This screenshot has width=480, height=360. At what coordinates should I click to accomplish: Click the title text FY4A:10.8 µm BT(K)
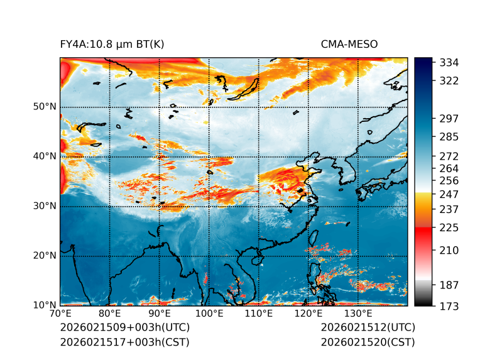click(x=112, y=44)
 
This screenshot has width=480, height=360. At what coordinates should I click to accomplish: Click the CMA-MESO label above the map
click(x=349, y=44)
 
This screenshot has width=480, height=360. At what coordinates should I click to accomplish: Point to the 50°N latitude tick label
click(x=45, y=107)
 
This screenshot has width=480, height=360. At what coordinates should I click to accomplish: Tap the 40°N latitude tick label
click(x=45, y=156)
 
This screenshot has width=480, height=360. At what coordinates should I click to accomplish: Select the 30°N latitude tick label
click(x=45, y=206)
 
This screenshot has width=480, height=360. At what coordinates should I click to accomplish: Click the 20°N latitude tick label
click(x=45, y=256)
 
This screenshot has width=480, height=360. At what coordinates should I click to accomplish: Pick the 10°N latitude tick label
click(x=45, y=305)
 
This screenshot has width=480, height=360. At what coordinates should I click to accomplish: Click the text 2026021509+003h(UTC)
click(x=124, y=328)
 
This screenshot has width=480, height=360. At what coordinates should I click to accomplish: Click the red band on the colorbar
click(x=423, y=231)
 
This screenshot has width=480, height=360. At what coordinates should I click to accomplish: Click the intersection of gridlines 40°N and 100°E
click(x=209, y=156)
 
